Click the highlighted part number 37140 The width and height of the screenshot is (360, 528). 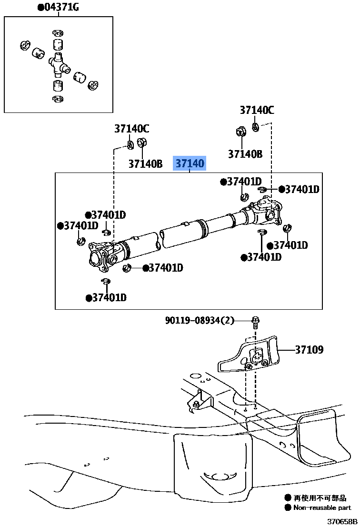(190, 164)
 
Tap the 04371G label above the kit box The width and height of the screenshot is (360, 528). (59, 7)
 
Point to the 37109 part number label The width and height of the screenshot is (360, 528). (309, 350)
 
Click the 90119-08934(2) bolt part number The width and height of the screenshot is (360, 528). (200, 320)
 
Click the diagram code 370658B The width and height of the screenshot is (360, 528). (341, 521)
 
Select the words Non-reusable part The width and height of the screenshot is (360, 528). (322, 508)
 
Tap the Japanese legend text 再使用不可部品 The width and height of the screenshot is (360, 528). (320, 498)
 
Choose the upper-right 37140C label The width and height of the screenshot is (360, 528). (257, 110)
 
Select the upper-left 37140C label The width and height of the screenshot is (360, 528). (131, 129)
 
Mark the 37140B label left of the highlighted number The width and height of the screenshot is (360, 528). (145, 164)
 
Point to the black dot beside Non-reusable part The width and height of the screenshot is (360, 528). (288, 508)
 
